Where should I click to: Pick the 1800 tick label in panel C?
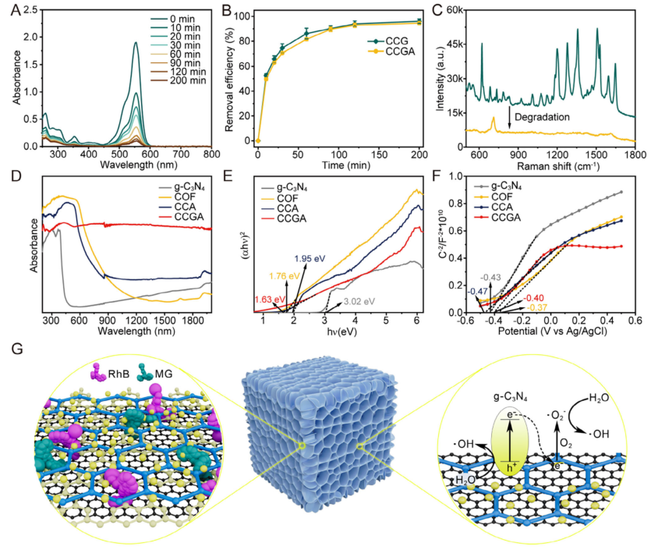point(635,154)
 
